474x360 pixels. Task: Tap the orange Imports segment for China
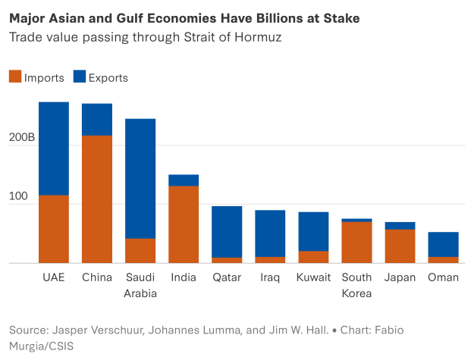point(97,199)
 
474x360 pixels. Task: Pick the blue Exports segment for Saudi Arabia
point(140,178)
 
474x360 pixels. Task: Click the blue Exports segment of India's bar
point(184,180)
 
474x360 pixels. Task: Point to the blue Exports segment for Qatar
point(227,232)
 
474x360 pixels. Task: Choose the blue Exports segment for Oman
point(443,245)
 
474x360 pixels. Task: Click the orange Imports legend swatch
point(15,77)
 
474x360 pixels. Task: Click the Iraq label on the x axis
point(270,278)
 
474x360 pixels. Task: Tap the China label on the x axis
point(97,278)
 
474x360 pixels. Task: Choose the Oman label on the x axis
point(443,278)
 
